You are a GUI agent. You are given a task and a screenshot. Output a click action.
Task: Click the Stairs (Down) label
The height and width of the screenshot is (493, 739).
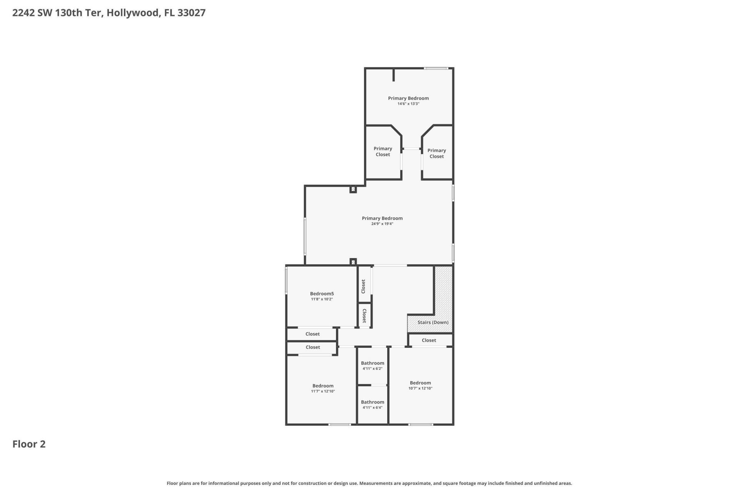[x=433, y=322]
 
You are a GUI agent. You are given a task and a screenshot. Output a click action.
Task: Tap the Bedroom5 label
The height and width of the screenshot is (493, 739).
[x=322, y=293]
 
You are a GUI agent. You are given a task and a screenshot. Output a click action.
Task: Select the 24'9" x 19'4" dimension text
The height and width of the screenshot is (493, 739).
[x=382, y=224]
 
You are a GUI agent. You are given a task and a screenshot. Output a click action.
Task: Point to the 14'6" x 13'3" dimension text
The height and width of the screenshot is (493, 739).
[x=408, y=104]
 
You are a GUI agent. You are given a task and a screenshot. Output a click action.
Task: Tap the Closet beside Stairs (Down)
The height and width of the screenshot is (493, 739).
[x=429, y=340]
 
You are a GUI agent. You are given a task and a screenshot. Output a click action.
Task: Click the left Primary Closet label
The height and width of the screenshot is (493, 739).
[x=383, y=151]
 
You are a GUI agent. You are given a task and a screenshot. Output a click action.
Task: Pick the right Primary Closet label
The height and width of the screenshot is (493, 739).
[x=436, y=153]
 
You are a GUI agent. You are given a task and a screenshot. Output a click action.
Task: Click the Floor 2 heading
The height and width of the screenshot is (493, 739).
[x=29, y=444]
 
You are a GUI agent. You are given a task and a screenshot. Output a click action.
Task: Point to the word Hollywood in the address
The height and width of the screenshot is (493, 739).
[x=132, y=13]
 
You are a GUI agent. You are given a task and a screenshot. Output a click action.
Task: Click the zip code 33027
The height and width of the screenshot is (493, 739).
[x=191, y=13]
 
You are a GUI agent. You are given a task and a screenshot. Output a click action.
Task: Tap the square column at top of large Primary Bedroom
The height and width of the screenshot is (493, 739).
[x=353, y=189]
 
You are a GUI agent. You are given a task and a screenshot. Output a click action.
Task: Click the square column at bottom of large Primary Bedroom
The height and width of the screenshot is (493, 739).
[x=353, y=262]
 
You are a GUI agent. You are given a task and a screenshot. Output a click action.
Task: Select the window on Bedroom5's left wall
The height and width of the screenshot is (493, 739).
[x=286, y=281]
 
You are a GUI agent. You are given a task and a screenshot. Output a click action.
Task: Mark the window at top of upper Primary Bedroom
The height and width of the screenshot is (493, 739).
[x=436, y=69]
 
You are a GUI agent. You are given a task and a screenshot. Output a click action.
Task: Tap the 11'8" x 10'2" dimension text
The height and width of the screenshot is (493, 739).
[x=322, y=299]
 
